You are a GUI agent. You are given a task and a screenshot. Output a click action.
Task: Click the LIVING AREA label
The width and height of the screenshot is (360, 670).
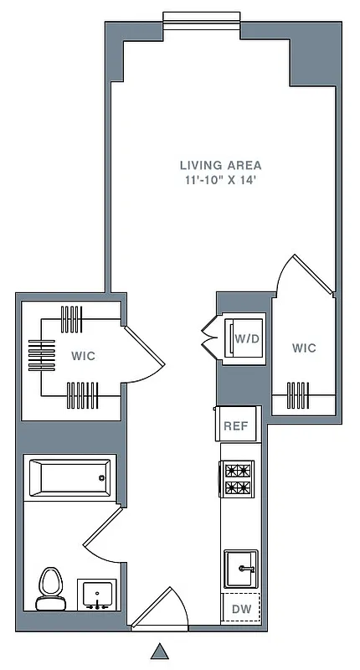(221, 165)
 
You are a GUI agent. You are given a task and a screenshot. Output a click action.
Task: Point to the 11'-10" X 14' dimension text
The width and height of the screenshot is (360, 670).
(221, 180)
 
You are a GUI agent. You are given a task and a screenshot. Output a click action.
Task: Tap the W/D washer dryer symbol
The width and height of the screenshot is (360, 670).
(244, 339)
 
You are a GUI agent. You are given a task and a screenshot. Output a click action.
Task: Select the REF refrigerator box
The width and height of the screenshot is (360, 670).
(235, 425)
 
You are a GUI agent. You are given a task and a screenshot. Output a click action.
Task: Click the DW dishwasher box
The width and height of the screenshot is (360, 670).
(240, 609)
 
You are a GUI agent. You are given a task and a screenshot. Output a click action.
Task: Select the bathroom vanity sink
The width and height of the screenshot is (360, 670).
(99, 595)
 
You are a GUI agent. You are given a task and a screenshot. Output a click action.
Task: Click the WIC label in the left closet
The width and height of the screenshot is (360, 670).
(83, 356)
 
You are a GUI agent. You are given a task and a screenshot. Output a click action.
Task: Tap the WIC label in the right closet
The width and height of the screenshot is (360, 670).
(305, 348)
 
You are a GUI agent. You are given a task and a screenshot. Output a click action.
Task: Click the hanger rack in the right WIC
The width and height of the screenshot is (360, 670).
(299, 392)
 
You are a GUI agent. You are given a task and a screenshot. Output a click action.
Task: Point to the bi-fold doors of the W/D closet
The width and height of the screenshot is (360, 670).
(209, 338)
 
